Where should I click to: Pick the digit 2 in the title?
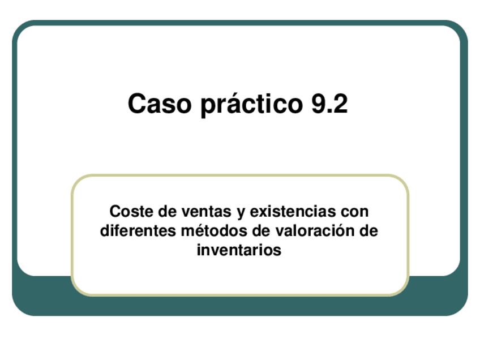(x=340, y=104)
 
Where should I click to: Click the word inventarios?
(x=239, y=250)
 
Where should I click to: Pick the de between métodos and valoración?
(x=258, y=231)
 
